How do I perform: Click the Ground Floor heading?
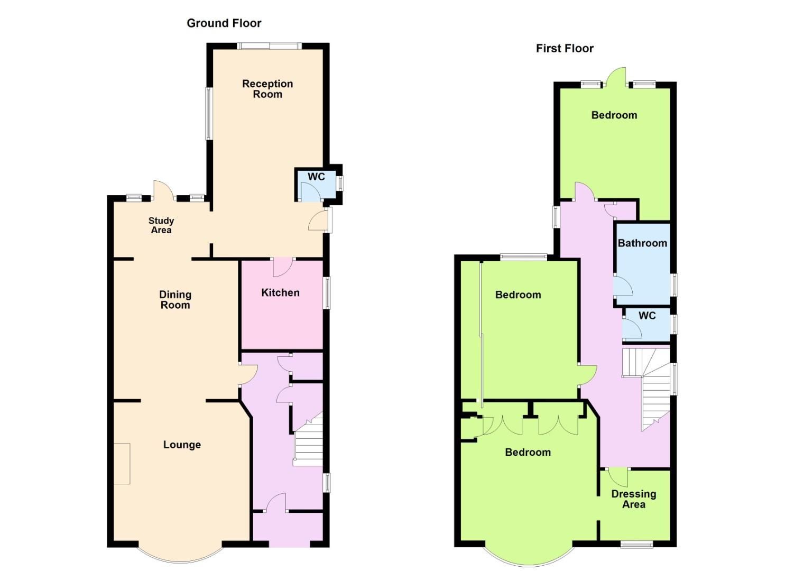224,23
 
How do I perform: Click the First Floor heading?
565,49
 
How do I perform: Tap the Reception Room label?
267,89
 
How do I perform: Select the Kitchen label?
280,293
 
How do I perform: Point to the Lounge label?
182,445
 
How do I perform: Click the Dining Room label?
175,300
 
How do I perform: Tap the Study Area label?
161,225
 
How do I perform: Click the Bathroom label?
642,243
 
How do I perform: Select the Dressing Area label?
633,499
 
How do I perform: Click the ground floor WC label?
316,177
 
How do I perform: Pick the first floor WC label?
647,316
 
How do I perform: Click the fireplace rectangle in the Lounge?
122,464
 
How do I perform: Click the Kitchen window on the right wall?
327,293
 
